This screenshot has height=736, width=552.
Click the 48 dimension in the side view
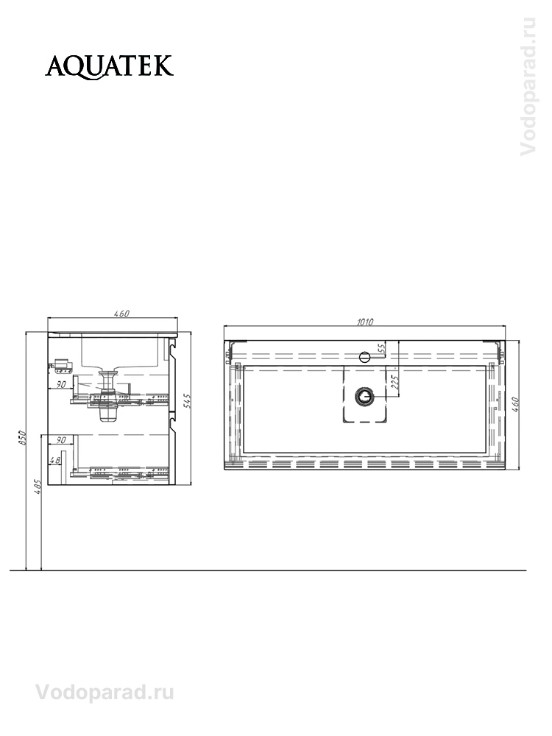click(x=53, y=461)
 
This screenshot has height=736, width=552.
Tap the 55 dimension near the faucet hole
click(x=381, y=349)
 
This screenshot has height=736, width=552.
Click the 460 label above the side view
click(x=121, y=314)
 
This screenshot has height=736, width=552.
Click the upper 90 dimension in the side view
click(x=61, y=384)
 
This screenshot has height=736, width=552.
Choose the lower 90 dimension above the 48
click(x=61, y=441)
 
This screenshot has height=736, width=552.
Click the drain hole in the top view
click(x=364, y=397)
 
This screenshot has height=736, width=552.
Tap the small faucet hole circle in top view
click(x=364, y=357)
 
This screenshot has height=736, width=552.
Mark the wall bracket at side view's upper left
click(x=61, y=364)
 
